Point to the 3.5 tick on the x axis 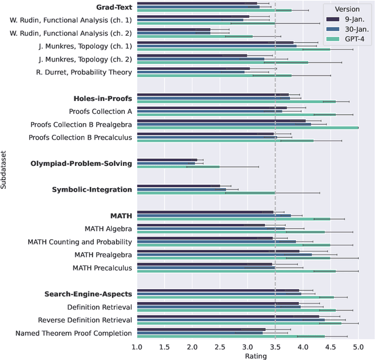[275, 347]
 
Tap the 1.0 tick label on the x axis [137, 347]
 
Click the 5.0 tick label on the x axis [358, 347]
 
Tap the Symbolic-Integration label [92, 189]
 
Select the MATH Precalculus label [102, 267]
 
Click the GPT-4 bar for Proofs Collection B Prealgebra [247, 127]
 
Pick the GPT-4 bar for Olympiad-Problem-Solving [178, 167]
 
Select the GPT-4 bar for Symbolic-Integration [206, 192]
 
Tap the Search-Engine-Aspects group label [88, 294]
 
